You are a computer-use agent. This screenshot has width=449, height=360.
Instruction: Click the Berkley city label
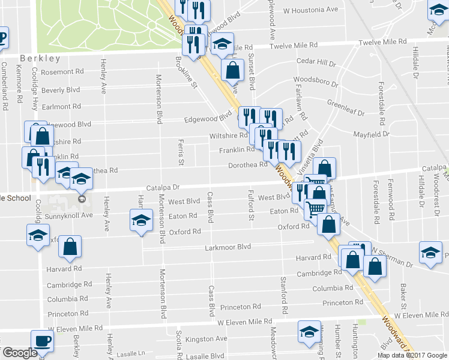(x=40, y=58)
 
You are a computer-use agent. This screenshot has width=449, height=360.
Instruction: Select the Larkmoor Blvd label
(x=228, y=247)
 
